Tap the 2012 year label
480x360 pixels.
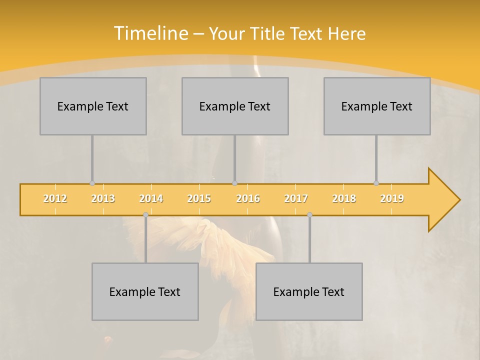pyautogui.click(x=55, y=198)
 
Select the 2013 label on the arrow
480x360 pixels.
pyautogui.click(x=103, y=198)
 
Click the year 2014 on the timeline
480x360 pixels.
pyautogui.click(x=151, y=198)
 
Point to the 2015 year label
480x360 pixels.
pyautogui.click(x=199, y=198)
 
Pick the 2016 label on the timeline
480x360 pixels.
pyautogui.click(x=248, y=198)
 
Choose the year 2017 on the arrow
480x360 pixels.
pyautogui.click(x=296, y=198)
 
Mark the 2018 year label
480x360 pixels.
pyautogui.click(x=344, y=198)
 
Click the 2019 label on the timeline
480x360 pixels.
pyautogui.click(x=392, y=198)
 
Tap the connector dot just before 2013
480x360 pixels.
pyautogui.click(x=92, y=183)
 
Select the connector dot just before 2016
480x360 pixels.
pyautogui.click(x=235, y=183)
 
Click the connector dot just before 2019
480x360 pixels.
pyautogui.click(x=376, y=183)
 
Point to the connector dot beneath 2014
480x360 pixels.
pyautogui.click(x=145, y=215)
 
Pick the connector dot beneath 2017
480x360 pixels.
pyautogui.click(x=309, y=215)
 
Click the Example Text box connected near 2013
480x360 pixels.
pyautogui.click(x=93, y=106)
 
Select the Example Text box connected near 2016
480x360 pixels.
pyautogui.click(x=235, y=106)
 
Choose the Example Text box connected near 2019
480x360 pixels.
pyautogui.click(x=377, y=106)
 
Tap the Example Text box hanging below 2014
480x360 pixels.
pyautogui.click(x=145, y=291)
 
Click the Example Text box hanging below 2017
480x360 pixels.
pyautogui.click(x=309, y=291)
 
